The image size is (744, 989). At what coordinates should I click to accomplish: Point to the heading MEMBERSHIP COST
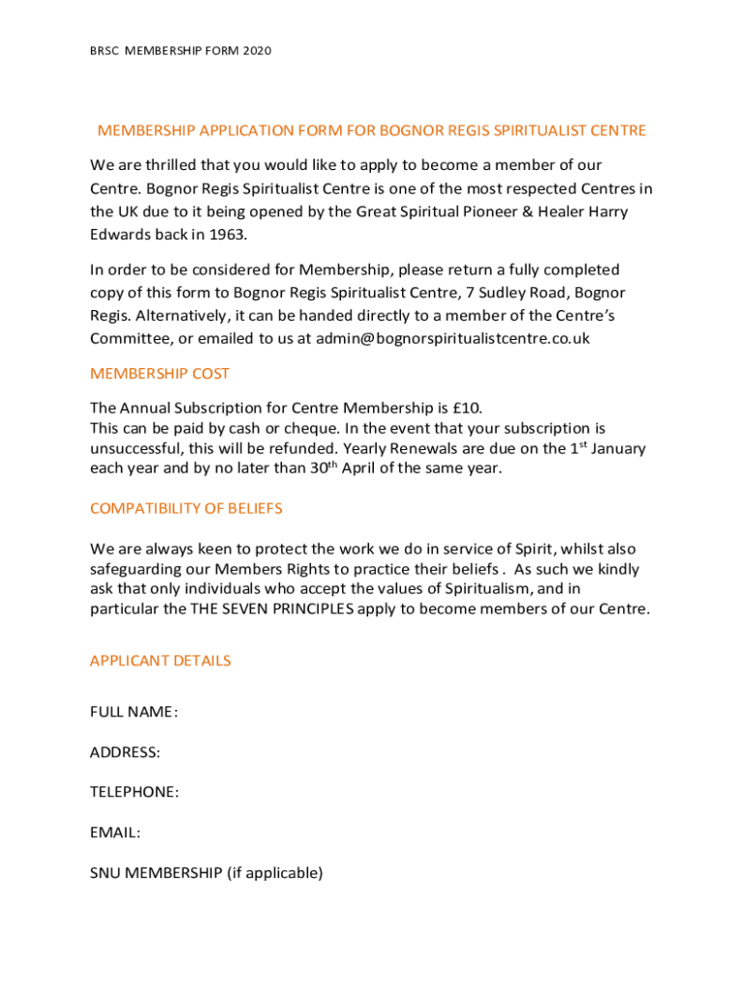(x=159, y=374)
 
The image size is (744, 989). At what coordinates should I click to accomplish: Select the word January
(x=617, y=448)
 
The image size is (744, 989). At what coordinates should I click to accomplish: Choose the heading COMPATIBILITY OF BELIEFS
(x=186, y=508)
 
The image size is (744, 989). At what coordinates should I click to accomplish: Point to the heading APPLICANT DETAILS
(x=160, y=661)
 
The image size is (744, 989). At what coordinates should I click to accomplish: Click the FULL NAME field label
(x=133, y=712)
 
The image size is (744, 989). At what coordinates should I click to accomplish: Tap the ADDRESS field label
(x=125, y=751)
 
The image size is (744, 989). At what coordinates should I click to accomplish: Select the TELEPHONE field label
(x=134, y=792)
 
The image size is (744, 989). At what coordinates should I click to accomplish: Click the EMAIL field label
(x=115, y=832)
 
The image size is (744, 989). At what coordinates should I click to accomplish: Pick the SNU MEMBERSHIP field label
(x=206, y=872)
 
